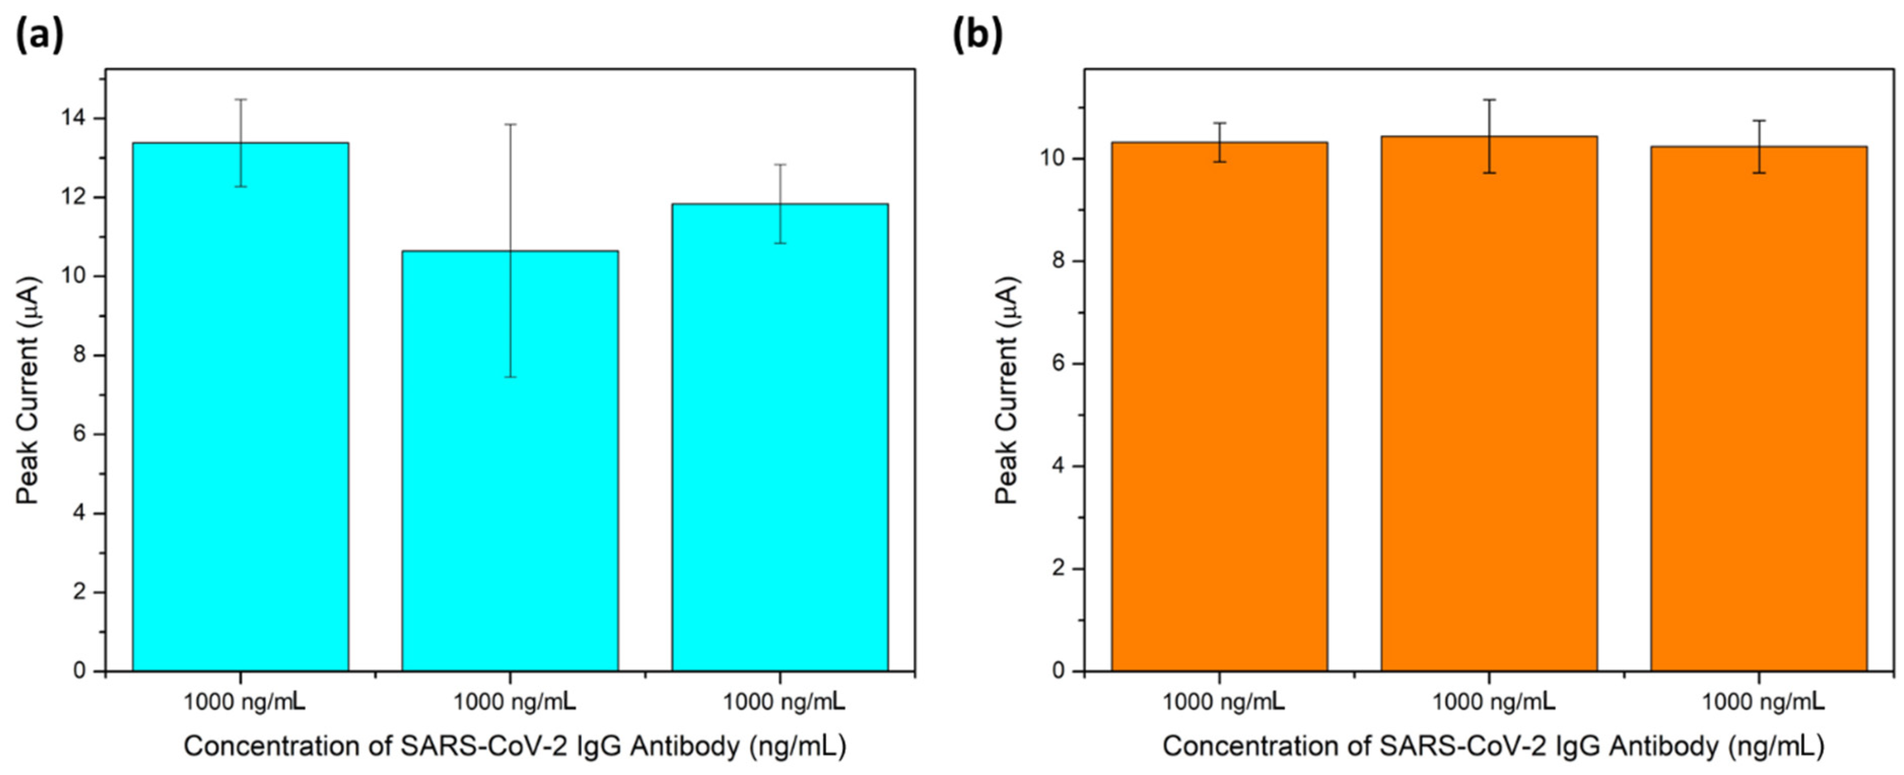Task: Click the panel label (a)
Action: tap(39, 34)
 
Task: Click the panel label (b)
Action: tap(977, 34)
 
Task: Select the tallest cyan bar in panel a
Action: tap(240, 406)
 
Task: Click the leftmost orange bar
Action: tap(1220, 406)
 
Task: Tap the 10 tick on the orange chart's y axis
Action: tap(1063, 159)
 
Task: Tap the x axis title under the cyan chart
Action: tap(514, 746)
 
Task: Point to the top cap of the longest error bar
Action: tap(510, 124)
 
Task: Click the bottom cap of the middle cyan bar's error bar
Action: tap(510, 377)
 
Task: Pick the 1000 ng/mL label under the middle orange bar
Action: tap(1493, 701)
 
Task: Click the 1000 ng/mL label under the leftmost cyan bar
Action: tap(244, 701)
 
